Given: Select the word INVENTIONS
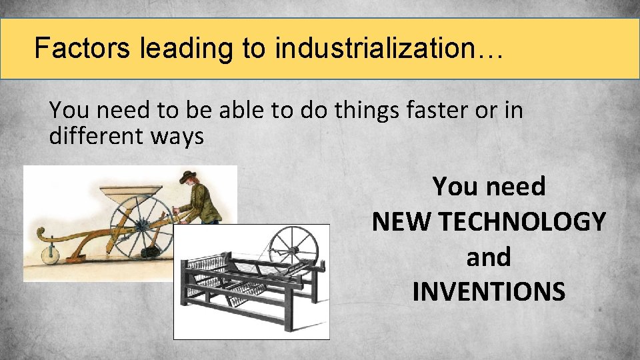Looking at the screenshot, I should click(489, 291).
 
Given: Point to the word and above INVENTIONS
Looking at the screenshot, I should click(489, 257).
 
